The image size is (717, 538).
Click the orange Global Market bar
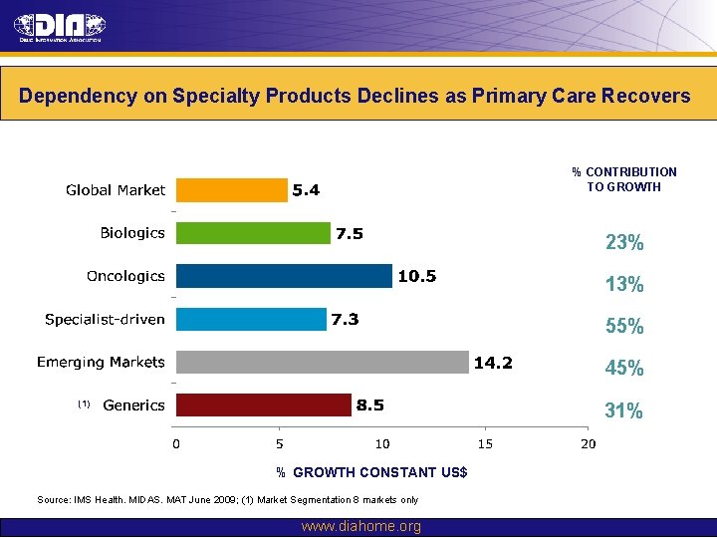pyautogui.click(x=231, y=189)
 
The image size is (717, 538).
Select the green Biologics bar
pyautogui.click(x=253, y=233)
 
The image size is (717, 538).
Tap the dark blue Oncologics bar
pyautogui.click(x=284, y=276)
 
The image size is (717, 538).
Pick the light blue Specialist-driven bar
pyautogui.click(x=251, y=319)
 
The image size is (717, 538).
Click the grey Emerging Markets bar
pyautogui.click(x=322, y=362)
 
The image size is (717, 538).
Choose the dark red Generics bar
pyautogui.click(x=263, y=404)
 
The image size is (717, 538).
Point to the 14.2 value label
pyautogui.click(x=493, y=363)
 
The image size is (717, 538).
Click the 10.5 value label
pyautogui.click(x=416, y=276)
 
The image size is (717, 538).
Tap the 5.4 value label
pyautogui.click(x=306, y=189)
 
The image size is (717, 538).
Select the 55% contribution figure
pyautogui.click(x=624, y=327)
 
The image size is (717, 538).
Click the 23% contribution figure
pyautogui.click(x=624, y=243)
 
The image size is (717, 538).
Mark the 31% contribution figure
pyautogui.click(x=624, y=410)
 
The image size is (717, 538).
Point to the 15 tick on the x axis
pyautogui.click(x=485, y=443)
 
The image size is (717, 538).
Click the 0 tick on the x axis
pyautogui.click(x=176, y=443)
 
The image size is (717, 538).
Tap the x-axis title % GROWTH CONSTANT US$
pyautogui.click(x=371, y=472)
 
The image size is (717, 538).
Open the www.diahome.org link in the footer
pyautogui.click(x=360, y=526)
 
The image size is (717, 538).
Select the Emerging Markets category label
pyautogui.click(x=101, y=362)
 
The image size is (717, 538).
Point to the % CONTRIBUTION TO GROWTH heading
pyautogui.click(x=624, y=179)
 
